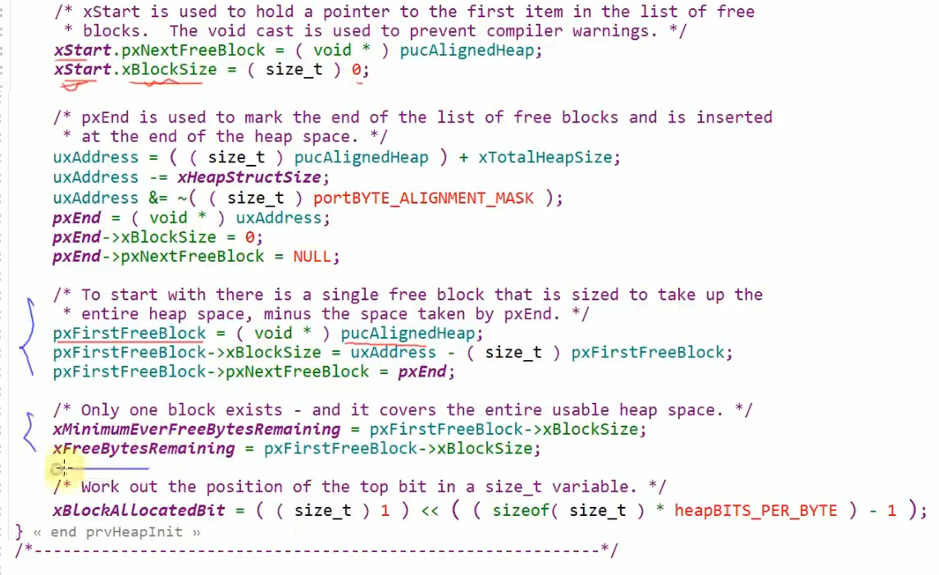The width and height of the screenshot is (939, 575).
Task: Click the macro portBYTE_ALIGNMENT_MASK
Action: point(423,198)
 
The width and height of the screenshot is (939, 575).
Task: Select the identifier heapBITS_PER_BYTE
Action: point(755,510)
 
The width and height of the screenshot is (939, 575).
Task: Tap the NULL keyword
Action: point(312,257)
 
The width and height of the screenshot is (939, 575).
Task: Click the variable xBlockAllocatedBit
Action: point(139,510)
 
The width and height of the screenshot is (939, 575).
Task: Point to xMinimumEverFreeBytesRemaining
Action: point(196,429)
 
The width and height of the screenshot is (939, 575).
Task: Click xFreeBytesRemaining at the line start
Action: point(144,449)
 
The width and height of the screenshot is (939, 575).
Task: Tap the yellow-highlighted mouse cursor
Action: point(63,469)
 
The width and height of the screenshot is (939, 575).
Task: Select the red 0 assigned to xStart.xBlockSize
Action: point(356,70)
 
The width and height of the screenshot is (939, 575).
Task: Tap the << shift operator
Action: point(430,510)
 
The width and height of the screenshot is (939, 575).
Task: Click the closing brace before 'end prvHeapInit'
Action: point(20,532)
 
